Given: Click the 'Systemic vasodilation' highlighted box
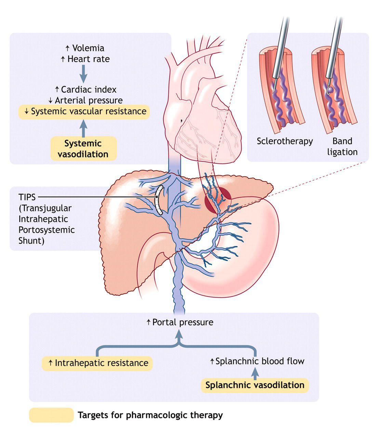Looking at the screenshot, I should pyautogui.click(x=83, y=149).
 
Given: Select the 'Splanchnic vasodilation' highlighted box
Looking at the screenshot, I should pyautogui.click(x=255, y=385).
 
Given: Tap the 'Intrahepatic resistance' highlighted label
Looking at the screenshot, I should pyautogui.click(x=97, y=363).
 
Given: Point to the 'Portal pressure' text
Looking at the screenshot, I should pyautogui.click(x=180, y=322).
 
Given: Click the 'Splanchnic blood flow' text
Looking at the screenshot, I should pyautogui.click(x=257, y=361).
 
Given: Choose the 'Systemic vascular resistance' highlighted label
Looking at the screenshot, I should pyautogui.click(x=84, y=111).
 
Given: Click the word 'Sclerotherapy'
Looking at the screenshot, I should pyautogui.click(x=285, y=141).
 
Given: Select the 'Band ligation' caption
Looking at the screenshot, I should pyautogui.click(x=342, y=147).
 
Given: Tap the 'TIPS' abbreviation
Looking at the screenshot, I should pyautogui.click(x=27, y=197).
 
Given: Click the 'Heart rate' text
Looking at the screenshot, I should pyautogui.click(x=85, y=59).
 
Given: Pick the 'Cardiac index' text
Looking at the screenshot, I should pyautogui.click(x=86, y=90).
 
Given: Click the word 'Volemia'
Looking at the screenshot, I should pyautogui.click(x=85, y=48).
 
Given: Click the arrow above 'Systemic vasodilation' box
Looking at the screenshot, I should pyautogui.click(x=83, y=128).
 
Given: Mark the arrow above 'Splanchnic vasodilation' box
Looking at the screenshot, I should pyautogui.click(x=255, y=373).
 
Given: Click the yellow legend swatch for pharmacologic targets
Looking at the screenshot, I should pyautogui.click(x=51, y=415).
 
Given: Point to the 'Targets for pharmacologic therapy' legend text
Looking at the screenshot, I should pyautogui.click(x=150, y=415).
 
